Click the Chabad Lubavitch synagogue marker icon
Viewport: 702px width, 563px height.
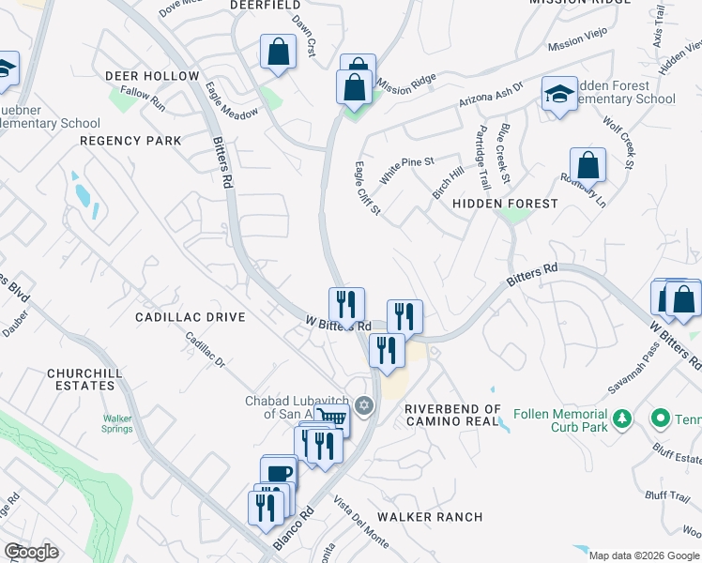point(365,405)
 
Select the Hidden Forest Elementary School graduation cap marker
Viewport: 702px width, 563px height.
point(558,94)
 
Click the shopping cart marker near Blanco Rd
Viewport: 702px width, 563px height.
point(331,418)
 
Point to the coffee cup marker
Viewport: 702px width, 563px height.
point(279,473)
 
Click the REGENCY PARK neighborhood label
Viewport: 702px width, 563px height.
point(130,141)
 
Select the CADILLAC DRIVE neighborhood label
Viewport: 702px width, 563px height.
point(191,317)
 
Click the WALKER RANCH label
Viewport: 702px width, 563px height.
point(430,517)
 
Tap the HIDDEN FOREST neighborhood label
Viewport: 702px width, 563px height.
point(505,203)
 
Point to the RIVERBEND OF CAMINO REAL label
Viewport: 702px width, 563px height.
point(453,415)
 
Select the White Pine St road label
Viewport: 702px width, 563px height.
point(406,170)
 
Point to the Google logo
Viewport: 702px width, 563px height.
point(32,552)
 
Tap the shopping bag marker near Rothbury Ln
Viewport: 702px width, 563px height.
point(588,165)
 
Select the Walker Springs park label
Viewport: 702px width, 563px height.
point(117,424)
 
